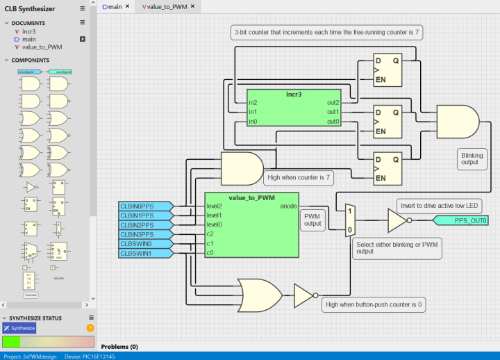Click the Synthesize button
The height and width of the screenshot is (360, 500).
pyautogui.click(x=19, y=328)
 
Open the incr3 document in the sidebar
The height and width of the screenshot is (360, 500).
pyautogui.click(x=28, y=31)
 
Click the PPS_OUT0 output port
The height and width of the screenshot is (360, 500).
pyautogui.click(x=461, y=221)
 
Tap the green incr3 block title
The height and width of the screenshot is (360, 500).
pyautogui.click(x=294, y=94)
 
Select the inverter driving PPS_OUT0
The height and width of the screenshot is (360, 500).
pyautogui.click(x=399, y=221)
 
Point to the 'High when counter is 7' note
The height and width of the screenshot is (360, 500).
pyautogui.click(x=297, y=178)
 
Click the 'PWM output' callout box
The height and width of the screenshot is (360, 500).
pyautogui.click(x=313, y=220)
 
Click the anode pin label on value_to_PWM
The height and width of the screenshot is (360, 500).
pyautogui.click(x=288, y=206)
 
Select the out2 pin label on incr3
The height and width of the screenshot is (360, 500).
pyautogui.click(x=333, y=103)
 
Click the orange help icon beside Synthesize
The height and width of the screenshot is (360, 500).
pyautogui.click(x=90, y=328)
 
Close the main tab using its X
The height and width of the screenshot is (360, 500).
pyautogui.click(x=127, y=6)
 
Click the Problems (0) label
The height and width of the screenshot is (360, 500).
pyautogui.click(x=119, y=346)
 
